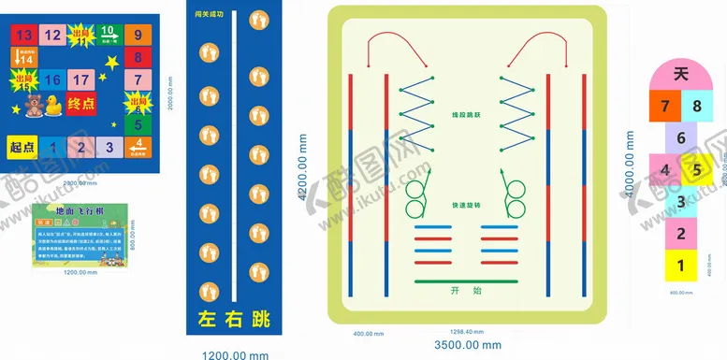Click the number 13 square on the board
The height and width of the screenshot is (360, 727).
click(24, 36)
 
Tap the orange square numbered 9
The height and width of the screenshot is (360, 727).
click(138, 36)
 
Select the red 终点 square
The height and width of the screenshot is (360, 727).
click(80, 104)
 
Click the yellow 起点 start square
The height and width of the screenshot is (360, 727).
click(22, 147)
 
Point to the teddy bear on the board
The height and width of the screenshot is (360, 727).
click(30, 106)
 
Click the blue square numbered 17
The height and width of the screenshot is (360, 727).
click(81, 80)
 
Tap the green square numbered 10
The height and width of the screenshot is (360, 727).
click(109, 36)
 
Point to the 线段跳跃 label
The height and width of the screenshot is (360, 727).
click(463, 114)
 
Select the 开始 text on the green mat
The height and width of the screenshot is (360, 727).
click(463, 290)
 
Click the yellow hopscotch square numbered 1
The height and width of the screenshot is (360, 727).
click(680, 266)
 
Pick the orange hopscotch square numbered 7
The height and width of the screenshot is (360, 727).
click(665, 106)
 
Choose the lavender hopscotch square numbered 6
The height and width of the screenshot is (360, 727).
click(680, 138)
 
